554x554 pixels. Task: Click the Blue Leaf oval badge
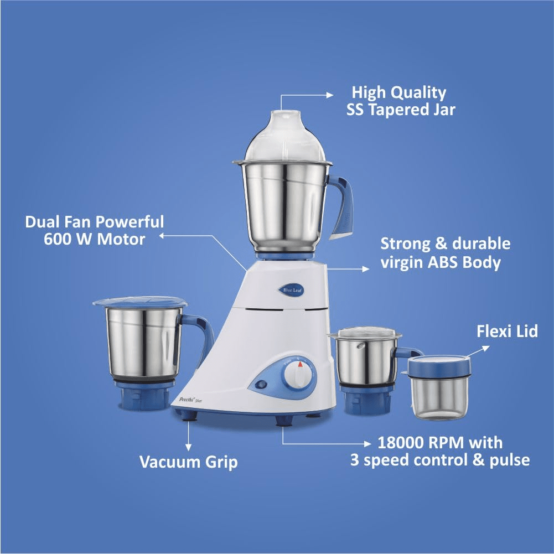[291, 290]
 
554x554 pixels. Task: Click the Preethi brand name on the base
[186, 400]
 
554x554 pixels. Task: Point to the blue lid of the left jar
[140, 302]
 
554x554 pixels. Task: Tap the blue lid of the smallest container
[439, 366]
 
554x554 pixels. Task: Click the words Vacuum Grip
[188, 462]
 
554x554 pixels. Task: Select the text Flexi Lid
[507, 332]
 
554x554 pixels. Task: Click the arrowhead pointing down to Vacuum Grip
[188, 448]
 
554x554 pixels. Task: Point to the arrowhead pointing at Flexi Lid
[486, 348]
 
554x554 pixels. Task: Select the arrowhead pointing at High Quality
[330, 95]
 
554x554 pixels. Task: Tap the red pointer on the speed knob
[300, 364]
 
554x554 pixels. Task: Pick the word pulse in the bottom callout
[510, 460]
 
